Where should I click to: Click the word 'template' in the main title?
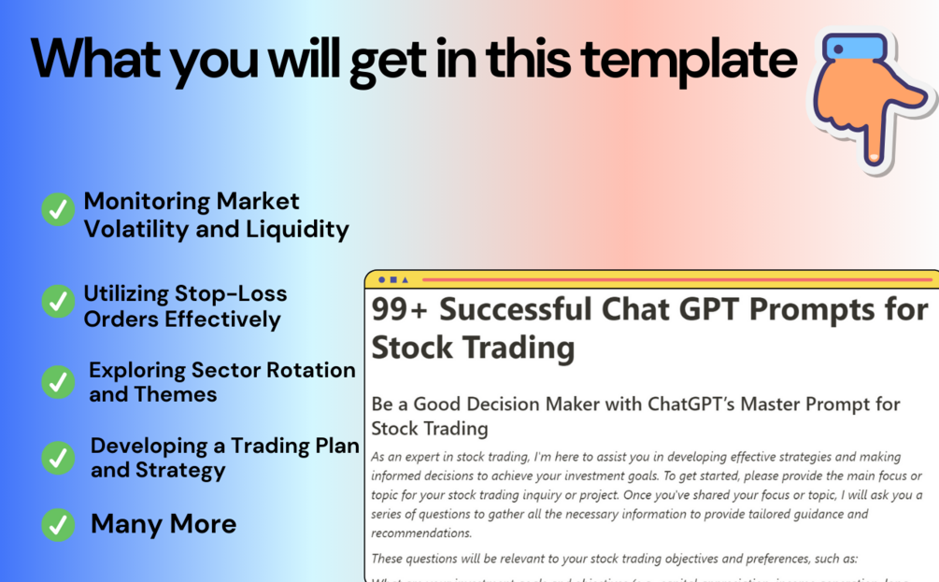click(689, 58)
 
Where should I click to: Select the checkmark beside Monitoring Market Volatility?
click(58, 209)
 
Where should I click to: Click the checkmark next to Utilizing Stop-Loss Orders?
click(58, 301)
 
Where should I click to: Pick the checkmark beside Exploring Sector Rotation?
click(58, 381)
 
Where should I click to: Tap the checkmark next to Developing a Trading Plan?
click(58, 458)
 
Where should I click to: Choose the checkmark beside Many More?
click(58, 524)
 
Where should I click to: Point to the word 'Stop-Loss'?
click(231, 293)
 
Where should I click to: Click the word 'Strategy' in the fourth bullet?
click(178, 470)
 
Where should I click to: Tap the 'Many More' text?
click(164, 524)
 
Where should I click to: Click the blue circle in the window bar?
click(382, 279)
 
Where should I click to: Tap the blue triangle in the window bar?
click(405, 279)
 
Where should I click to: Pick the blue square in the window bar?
click(393, 279)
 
